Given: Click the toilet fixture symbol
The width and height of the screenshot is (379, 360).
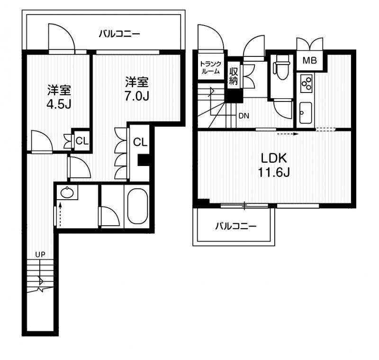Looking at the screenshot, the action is tap(281, 68).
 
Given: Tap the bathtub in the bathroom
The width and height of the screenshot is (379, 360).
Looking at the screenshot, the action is tap(137, 206).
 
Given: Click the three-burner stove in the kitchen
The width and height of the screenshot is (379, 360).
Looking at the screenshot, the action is tap(306, 83).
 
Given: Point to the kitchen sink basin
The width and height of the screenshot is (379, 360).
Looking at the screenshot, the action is tap(306, 112).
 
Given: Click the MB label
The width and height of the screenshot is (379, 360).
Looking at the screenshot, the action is tap(310, 60).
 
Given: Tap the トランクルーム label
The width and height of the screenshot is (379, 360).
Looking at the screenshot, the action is tap(210, 68).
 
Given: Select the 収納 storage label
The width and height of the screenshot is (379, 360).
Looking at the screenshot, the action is tap(234, 76).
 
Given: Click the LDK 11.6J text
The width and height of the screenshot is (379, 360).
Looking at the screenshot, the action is tap(274, 166).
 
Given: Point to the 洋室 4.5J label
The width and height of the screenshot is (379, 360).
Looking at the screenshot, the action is tap(59, 97).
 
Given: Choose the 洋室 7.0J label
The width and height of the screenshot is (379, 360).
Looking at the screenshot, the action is tap(137, 89).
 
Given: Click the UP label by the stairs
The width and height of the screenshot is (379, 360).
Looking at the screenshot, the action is tap(40, 254).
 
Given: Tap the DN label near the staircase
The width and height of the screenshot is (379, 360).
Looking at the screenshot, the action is tap(244, 116).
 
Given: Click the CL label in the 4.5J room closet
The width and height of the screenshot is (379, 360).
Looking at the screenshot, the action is tap(82, 141).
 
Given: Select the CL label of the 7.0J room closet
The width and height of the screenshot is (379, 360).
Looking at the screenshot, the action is tap(140, 142).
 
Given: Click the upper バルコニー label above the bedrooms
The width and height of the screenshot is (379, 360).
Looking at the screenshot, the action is tap(119, 34).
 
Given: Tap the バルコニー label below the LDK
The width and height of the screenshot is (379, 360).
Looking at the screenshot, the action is tap(235, 226).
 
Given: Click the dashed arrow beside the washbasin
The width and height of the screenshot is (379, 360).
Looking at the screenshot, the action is tap(60, 214).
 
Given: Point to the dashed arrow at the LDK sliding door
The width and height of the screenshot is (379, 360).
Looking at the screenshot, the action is tap(288, 134).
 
